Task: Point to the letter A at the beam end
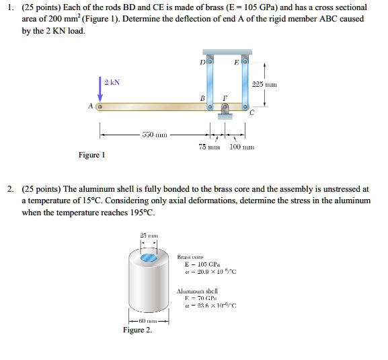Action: (x=91, y=106)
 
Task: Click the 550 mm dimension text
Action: (x=149, y=136)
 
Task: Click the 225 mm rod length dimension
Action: (x=261, y=85)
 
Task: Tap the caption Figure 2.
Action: (x=137, y=331)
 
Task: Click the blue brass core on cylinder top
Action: (x=149, y=258)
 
